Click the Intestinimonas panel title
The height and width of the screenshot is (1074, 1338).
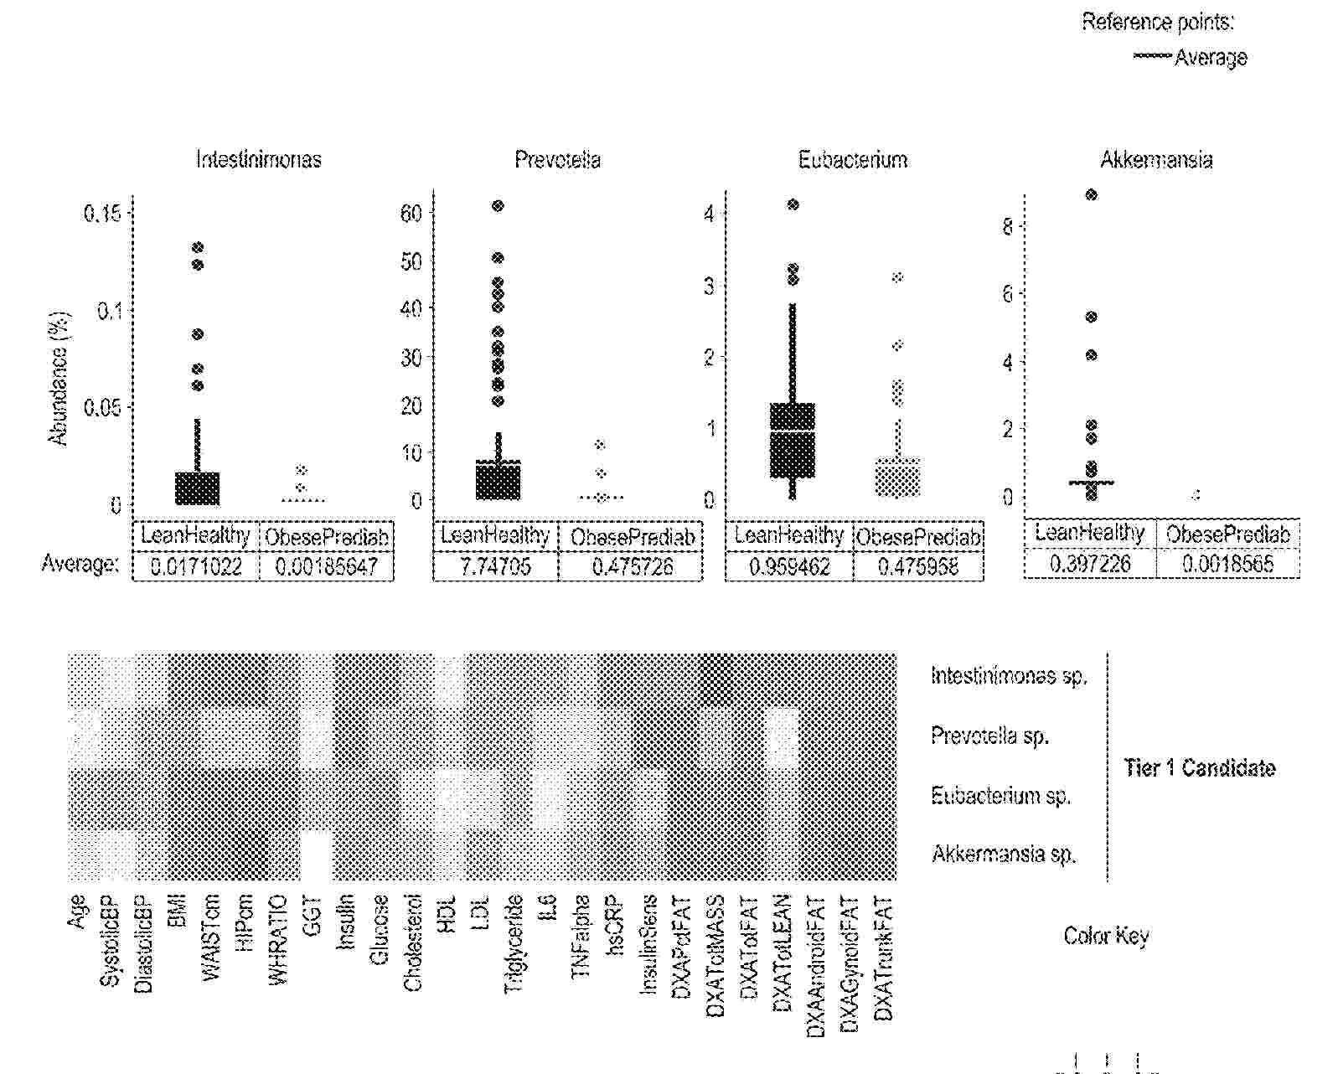258,159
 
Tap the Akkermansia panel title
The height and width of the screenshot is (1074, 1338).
1156,159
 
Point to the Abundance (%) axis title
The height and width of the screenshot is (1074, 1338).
58,379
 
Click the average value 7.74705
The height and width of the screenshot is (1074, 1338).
495,566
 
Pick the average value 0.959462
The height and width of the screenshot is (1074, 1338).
789,566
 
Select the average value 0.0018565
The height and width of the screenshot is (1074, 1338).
1227,563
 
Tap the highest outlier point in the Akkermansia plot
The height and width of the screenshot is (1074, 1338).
1091,195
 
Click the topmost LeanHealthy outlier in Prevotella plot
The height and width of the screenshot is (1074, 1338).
498,206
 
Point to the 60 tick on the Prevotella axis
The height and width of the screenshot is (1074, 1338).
411,213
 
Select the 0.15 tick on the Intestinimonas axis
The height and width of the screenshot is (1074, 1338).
102,214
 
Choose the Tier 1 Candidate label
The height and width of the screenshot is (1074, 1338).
1199,768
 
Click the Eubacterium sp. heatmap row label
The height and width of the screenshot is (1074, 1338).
1000,795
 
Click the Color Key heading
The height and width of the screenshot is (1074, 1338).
1106,936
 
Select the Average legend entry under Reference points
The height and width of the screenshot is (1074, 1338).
1210,58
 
